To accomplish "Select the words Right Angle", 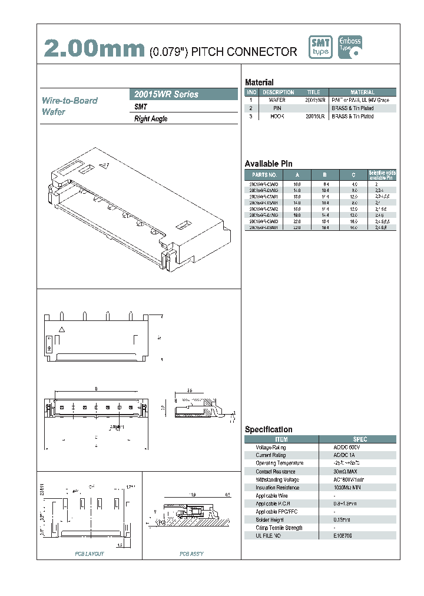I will [x=151, y=119].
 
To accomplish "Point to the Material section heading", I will [x=259, y=82].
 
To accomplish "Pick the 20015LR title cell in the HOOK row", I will [x=314, y=117].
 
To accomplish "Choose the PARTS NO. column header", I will [x=264, y=175].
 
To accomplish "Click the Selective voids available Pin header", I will [x=382, y=175].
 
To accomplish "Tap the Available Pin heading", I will [x=269, y=164].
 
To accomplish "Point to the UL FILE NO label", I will [x=270, y=536].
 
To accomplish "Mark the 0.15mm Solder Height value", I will [x=342, y=520].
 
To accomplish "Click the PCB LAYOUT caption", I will [x=90, y=554].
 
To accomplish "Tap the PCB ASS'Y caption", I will [x=192, y=554].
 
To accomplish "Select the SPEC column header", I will [x=359, y=439].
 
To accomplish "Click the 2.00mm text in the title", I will [x=94, y=49].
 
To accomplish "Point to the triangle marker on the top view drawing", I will [x=61, y=329].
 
